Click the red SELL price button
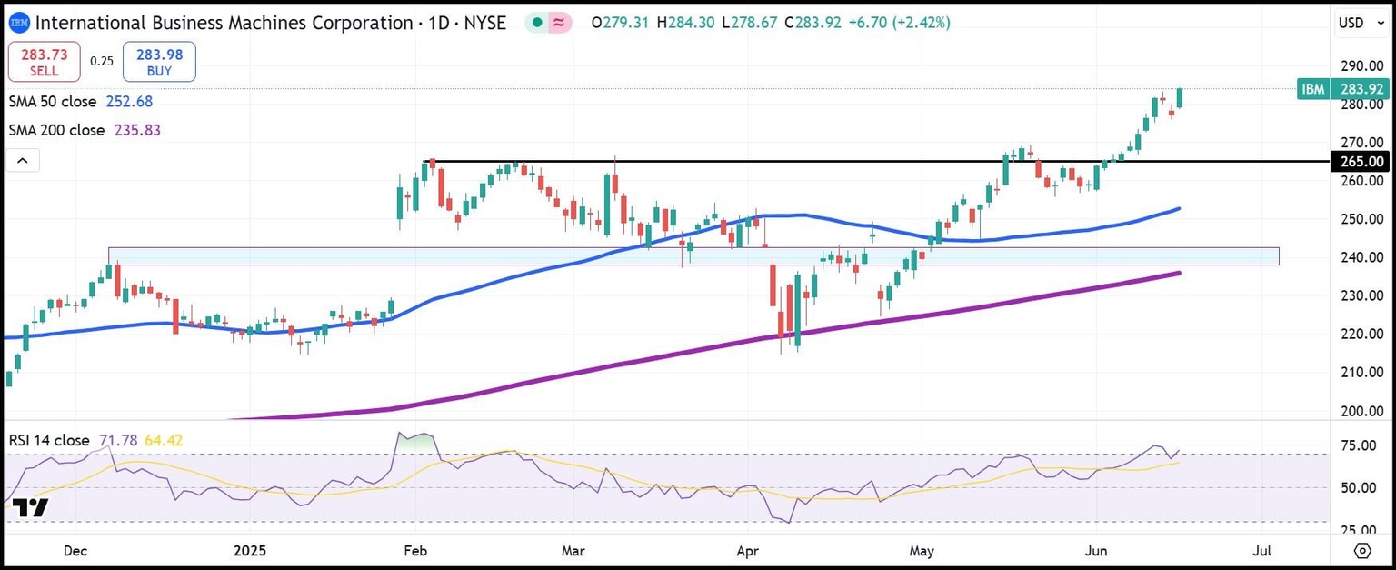(x=44, y=62)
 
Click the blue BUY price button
(x=159, y=62)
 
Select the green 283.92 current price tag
(x=1361, y=89)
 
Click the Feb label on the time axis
(x=414, y=551)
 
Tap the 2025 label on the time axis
(x=249, y=551)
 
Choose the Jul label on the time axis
(x=1262, y=551)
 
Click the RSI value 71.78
(x=118, y=441)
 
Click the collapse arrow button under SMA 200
(x=23, y=162)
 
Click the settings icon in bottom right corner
(x=1361, y=551)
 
